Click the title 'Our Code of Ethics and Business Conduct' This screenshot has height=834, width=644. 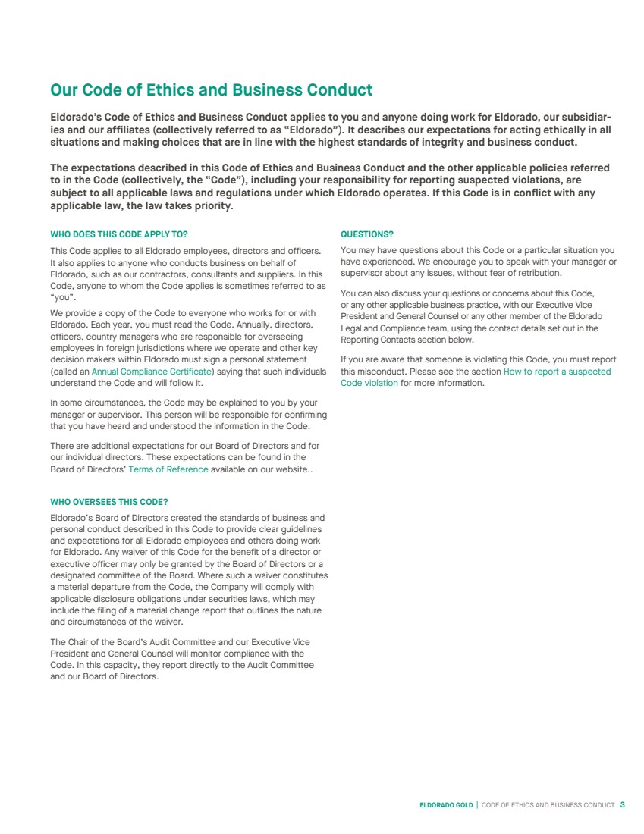point(211,90)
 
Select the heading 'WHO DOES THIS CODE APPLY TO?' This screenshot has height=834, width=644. point(118,235)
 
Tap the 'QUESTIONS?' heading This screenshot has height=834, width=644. point(367,235)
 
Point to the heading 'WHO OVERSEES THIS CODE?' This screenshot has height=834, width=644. point(108,502)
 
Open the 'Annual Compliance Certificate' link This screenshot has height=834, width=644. point(151,372)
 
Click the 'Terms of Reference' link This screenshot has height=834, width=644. point(168,469)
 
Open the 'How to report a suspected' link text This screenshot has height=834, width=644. point(557,372)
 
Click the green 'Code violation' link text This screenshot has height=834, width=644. point(369,383)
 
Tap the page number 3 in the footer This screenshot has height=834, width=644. point(622,804)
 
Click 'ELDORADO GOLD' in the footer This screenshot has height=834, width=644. point(446,805)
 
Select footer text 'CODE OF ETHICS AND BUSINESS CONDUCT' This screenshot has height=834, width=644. point(548,805)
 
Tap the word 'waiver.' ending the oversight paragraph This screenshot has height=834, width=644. point(168,622)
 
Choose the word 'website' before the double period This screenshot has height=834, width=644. point(289,469)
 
